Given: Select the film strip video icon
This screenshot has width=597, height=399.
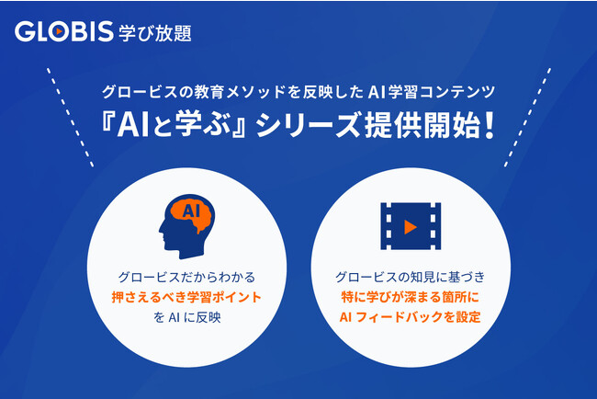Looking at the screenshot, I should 410,225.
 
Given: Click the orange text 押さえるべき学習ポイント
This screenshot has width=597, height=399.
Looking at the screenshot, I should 186,296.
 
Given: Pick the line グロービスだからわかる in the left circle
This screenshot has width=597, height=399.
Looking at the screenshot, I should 186,275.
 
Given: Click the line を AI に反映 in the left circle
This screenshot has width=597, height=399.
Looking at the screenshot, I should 186,317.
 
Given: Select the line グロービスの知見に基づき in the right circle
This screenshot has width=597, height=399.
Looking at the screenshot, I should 411,275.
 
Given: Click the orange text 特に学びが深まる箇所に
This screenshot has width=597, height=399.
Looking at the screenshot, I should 411,296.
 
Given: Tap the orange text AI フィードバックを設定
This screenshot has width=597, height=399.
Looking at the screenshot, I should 411,317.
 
